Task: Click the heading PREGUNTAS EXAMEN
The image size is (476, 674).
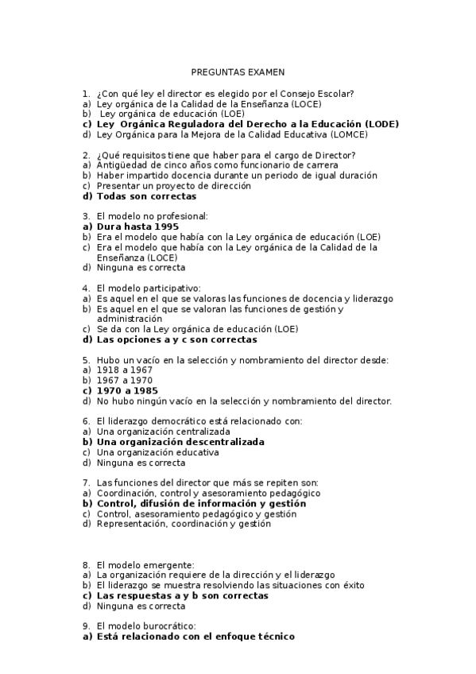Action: (x=238, y=71)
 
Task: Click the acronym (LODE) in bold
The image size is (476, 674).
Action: (x=381, y=125)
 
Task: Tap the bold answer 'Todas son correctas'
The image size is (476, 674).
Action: (x=146, y=196)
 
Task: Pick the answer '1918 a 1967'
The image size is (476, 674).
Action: (x=125, y=370)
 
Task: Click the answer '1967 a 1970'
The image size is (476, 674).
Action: (x=125, y=380)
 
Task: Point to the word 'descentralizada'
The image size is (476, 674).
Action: (x=220, y=441)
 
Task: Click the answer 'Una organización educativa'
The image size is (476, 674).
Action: (x=157, y=451)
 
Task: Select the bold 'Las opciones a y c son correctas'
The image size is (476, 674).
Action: (x=176, y=339)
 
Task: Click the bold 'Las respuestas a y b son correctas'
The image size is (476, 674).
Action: (x=182, y=595)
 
